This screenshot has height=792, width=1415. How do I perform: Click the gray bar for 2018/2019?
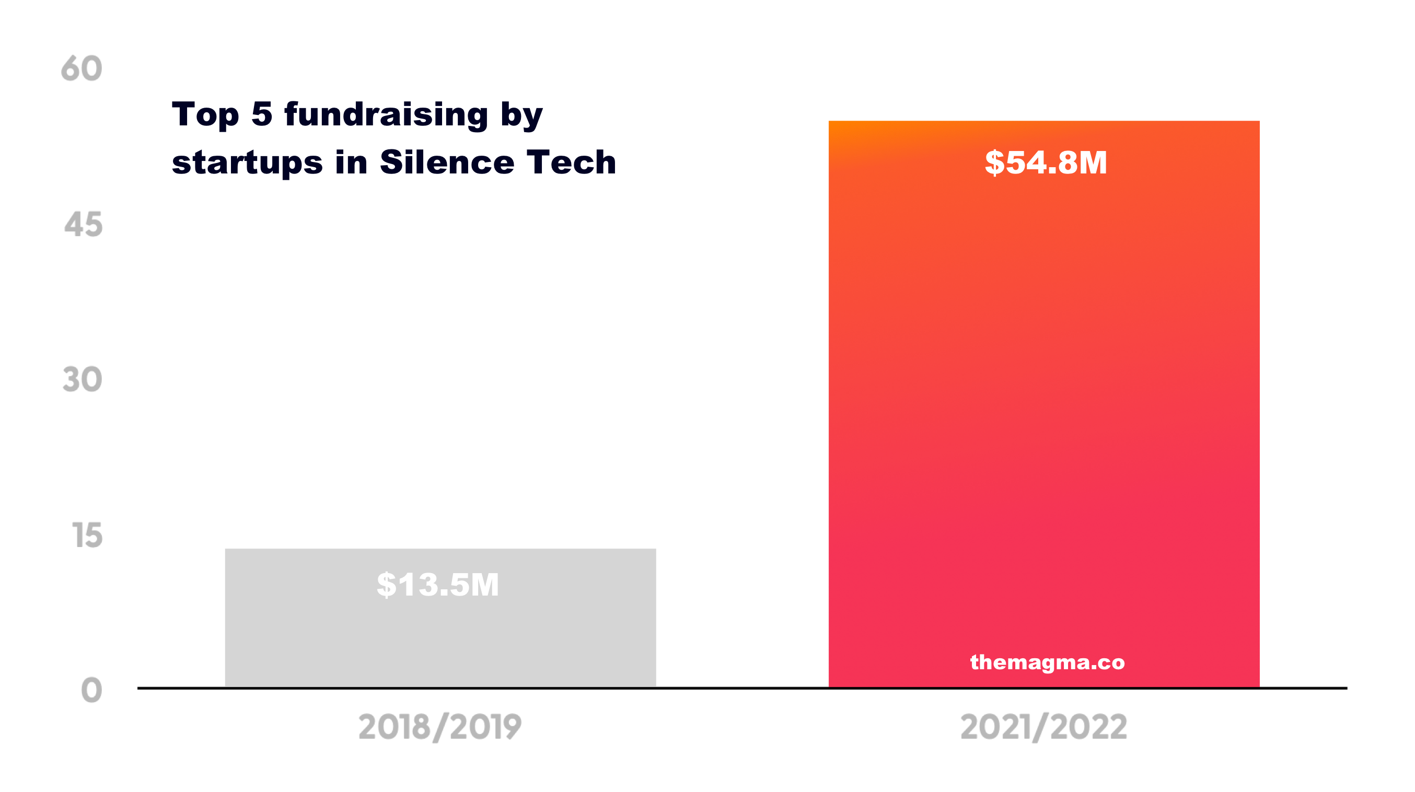[x=440, y=637]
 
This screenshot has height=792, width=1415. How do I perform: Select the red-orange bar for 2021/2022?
[x=1043, y=385]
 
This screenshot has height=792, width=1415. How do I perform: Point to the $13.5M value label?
[x=438, y=585]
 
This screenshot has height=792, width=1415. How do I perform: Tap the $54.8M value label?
[x=1046, y=162]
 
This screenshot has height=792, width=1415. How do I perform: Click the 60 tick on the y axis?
[x=82, y=69]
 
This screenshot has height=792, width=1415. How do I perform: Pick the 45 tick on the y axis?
[x=84, y=225]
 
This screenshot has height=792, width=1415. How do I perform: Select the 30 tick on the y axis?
[x=83, y=380]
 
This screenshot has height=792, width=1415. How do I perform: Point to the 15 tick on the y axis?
[x=87, y=535]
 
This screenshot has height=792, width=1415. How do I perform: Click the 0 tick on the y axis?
[x=91, y=691]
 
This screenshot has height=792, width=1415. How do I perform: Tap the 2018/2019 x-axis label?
[x=439, y=727]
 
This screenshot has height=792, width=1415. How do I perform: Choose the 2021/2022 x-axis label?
[x=1043, y=727]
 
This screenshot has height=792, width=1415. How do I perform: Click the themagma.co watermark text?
[x=1047, y=662]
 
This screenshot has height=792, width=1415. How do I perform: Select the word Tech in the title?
[x=571, y=162]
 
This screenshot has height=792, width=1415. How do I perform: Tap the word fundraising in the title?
[x=386, y=115]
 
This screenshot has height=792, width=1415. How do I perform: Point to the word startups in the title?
[x=247, y=164]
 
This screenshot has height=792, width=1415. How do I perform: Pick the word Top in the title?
[x=205, y=115]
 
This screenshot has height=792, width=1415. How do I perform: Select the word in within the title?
[x=351, y=162]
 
